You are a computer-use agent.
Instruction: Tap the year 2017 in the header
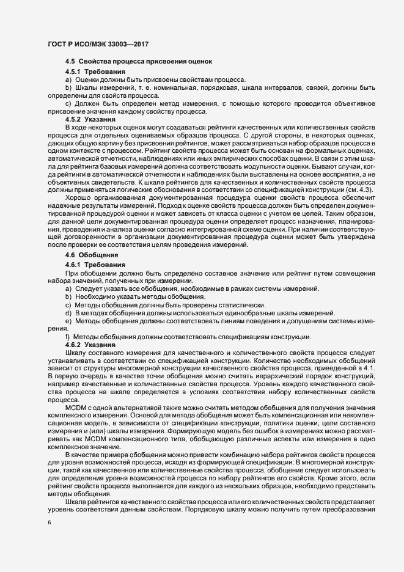[138, 45]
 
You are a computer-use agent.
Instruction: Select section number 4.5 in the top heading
[69, 62]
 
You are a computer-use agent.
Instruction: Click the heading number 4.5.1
[73, 73]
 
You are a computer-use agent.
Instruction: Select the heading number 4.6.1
[73, 263]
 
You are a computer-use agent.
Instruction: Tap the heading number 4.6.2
[73, 345]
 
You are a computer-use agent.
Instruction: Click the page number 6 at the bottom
[49, 524]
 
